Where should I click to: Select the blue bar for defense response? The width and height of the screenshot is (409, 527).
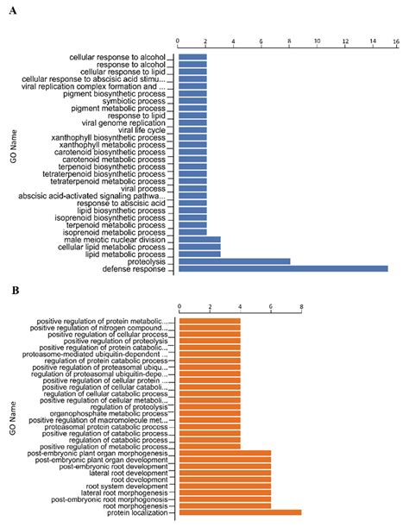(x=281, y=268)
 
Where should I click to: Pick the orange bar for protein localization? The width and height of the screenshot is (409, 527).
(x=239, y=512)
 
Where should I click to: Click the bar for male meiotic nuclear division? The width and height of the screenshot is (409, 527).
(x=199, y=239)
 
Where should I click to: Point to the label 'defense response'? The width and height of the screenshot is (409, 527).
(x=137, y=268)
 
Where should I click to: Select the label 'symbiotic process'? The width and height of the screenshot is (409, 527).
(x=130, y=101)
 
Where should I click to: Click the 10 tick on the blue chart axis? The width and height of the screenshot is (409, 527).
(x=318, y=41)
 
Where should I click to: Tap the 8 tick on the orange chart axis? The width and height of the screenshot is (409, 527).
(x=301, y=307)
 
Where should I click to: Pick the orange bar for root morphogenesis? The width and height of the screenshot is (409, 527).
(x=224, y=505)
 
